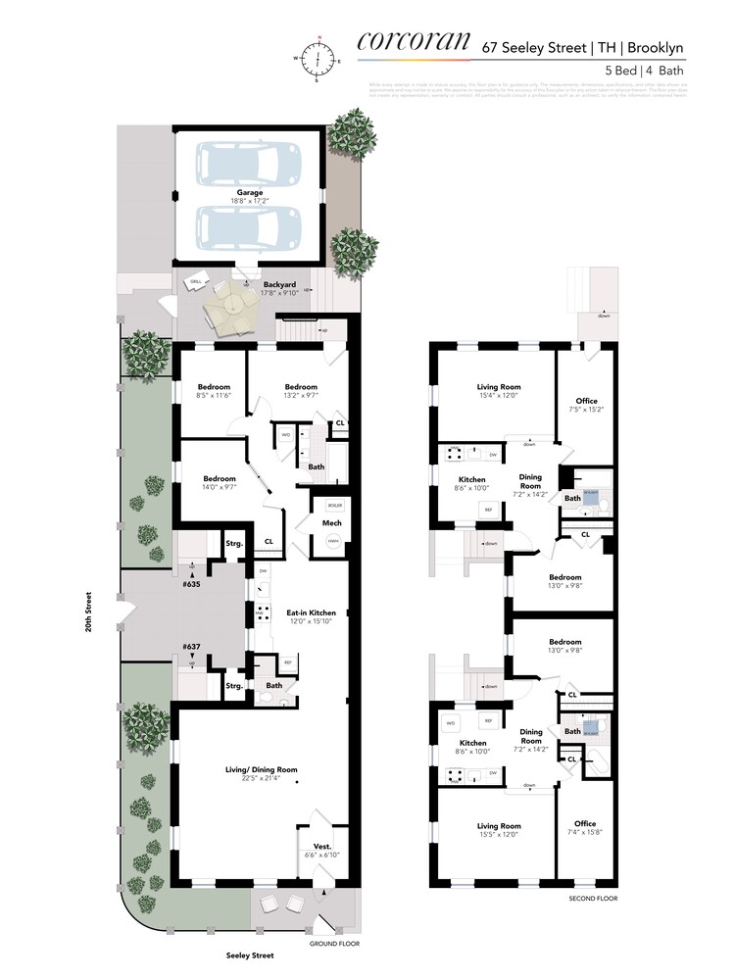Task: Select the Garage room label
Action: point(248,193)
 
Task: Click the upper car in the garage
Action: point(248,164)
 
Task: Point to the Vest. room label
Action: point(321,846)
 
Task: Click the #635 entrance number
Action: point(191,584)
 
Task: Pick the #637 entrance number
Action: point(191,647)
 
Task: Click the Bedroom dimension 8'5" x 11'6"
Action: point(214,395)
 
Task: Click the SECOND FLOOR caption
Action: point(593,898)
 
